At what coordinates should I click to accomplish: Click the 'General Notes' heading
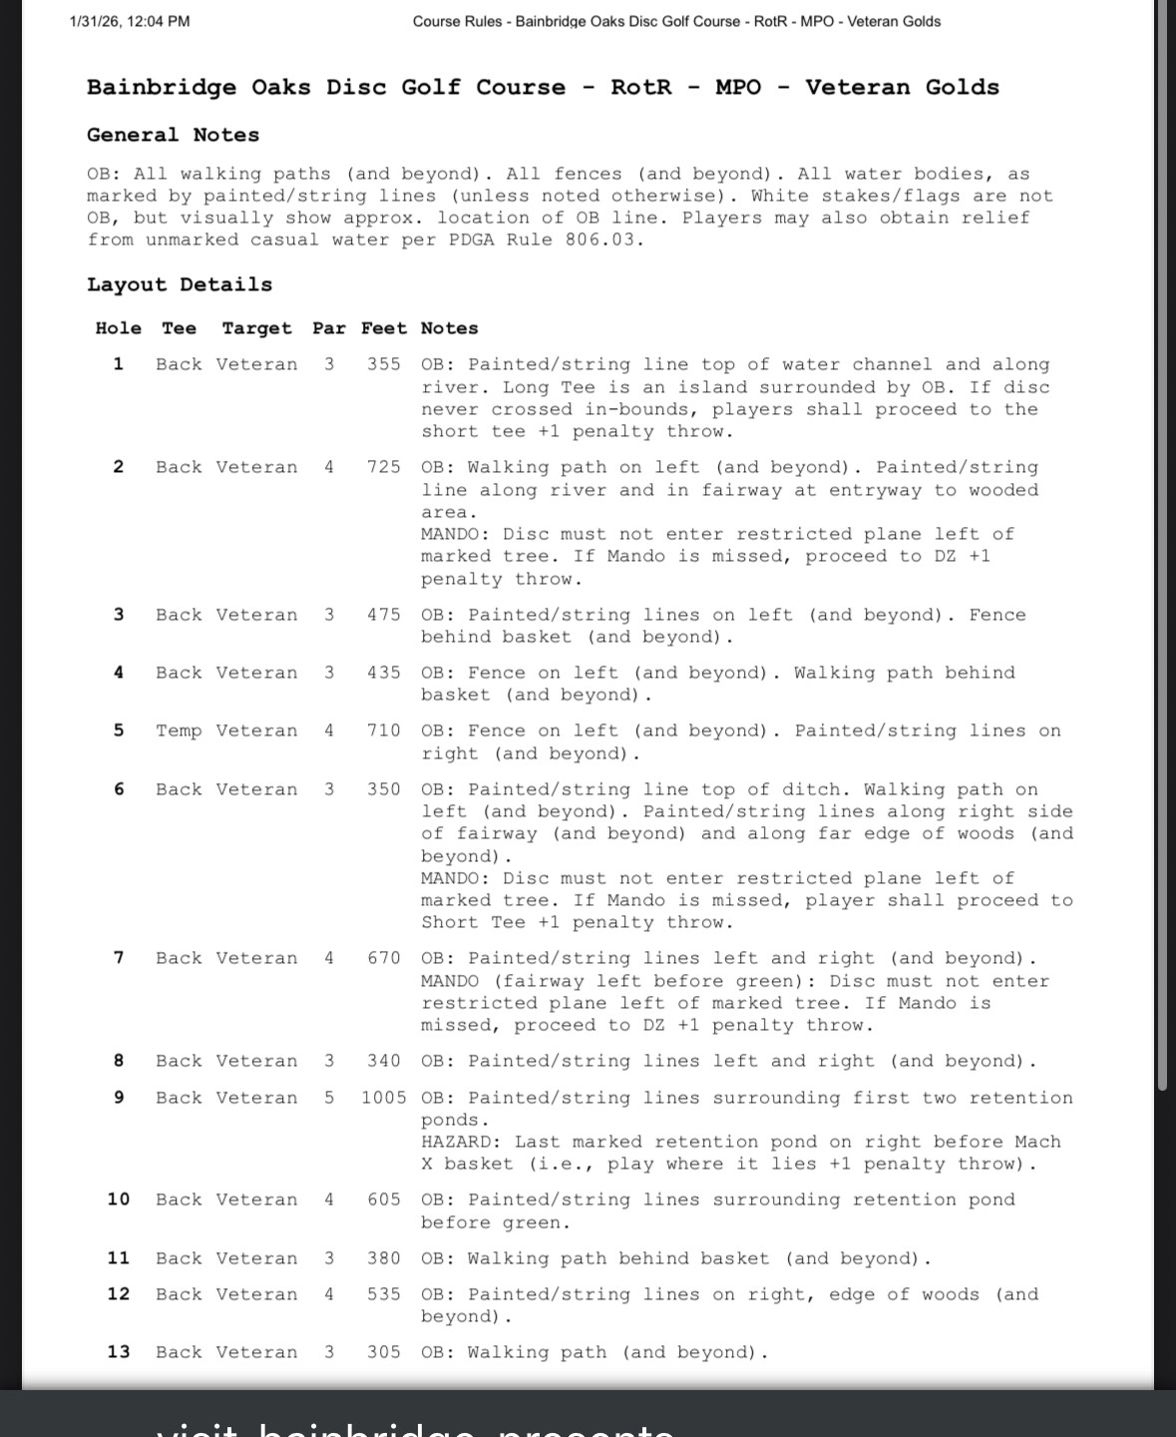tap(173, 135)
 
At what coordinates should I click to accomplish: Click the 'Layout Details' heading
tap(180, 284)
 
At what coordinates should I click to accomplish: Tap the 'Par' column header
tap(329, 328)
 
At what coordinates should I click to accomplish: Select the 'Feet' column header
tap(384, 328)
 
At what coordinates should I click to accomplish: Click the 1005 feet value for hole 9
tap(384, 1098)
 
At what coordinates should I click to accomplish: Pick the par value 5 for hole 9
tap(329, 1098)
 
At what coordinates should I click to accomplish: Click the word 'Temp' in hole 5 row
tap(179, 730)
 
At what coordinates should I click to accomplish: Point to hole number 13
tap(119, 1352)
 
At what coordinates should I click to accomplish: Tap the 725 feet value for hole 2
tap(384, 467)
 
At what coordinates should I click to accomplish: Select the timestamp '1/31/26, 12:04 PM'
tap(130, 21)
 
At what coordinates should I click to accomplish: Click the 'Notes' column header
tap(449, 328)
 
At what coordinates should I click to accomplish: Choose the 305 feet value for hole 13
tap(384, 1352)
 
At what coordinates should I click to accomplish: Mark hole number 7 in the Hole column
tap(119, 958)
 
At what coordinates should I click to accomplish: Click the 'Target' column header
tap(256, 328)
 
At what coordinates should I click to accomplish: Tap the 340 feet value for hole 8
tap(384, 1061)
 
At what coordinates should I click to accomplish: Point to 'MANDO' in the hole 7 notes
tap(450, 981)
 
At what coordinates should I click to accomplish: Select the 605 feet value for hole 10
tap(384, 1199)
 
